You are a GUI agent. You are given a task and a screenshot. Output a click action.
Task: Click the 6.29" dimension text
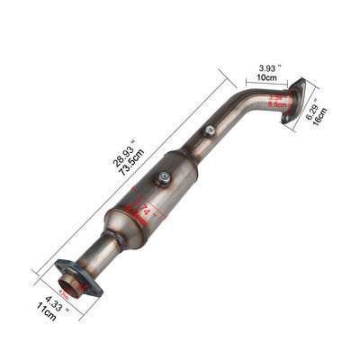(x=311, y=115)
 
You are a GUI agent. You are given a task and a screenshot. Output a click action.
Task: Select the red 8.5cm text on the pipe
(x=265, y=103)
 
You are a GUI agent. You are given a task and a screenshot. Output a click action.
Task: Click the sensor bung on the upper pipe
(x=209, y=130)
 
